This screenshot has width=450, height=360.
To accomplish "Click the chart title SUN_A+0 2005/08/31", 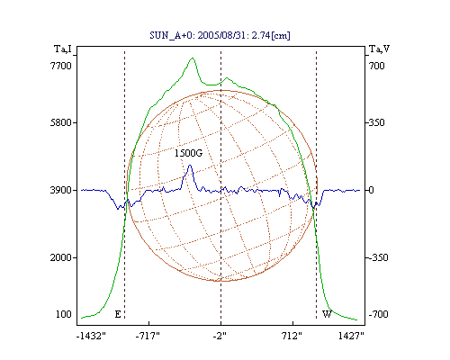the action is (220, 35).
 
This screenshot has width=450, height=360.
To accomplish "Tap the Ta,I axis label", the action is (63, 49).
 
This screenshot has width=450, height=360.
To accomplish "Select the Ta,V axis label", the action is (379, 49).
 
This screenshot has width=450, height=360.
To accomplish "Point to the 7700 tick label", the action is (60, 66).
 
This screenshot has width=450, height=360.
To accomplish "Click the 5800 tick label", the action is (60, 122).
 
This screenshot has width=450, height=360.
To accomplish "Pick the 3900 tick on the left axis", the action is (60, 190).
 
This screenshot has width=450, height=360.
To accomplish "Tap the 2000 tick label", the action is (60, 257).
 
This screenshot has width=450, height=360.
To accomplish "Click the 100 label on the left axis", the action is (64, 314).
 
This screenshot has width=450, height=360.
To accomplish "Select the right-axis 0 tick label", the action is (371, 190).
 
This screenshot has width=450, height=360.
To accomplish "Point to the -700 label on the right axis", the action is (378, 314).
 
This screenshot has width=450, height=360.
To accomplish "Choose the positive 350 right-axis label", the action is (376, 122).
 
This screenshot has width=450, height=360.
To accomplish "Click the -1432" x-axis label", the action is (91, 336).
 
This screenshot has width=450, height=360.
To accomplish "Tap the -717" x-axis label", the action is (148, 336).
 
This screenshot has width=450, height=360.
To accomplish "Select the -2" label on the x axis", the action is (220, 336).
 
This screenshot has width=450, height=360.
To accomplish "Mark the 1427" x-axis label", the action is (351, 336).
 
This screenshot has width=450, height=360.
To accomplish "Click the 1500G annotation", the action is (188, 153).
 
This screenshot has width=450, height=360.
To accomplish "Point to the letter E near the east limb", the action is (118, 314).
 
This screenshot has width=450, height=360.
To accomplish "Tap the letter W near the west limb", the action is (327, 314).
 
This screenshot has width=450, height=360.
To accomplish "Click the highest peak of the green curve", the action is (193, 58).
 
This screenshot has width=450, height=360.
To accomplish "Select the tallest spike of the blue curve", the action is (190, 166).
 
